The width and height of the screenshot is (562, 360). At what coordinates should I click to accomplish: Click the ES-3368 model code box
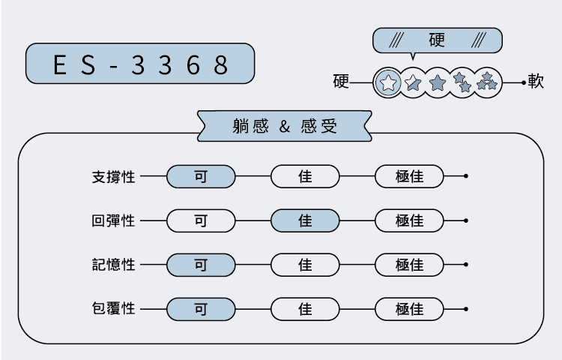pos(140,64)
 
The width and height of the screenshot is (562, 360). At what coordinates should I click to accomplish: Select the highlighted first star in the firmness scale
pos(387,82)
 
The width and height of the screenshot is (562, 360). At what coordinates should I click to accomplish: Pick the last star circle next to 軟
pos(488,82)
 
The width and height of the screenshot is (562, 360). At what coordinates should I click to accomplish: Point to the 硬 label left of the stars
pos(341,82)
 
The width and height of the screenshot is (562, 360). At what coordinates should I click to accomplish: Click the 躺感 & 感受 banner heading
pos(285,126)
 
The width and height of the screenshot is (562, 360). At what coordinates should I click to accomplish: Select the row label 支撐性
pos(113,177)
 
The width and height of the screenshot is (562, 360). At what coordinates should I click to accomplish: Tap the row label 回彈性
pos(113,221)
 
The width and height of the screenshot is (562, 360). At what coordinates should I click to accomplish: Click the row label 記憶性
pos(113,265)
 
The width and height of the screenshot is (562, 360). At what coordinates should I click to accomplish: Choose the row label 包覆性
pos(113,308)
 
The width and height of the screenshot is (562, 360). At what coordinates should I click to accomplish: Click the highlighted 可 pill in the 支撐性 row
pos(201,177)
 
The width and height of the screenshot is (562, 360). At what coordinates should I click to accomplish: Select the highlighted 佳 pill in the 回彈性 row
pos(305,221)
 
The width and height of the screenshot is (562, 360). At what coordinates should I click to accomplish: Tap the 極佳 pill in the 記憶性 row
pos(409,265)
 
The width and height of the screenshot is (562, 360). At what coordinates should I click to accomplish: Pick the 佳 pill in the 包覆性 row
pos(305,308)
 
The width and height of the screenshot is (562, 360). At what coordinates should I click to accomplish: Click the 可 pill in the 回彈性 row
pos(201,221)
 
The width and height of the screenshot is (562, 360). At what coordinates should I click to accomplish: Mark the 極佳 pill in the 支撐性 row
pos(409,177)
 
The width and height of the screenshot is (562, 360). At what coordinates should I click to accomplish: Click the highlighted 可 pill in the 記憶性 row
pos(201,265)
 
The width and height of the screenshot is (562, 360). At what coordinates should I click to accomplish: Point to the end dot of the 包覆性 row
pos(466,308)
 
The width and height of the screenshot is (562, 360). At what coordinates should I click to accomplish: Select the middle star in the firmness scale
pos(438,82)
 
